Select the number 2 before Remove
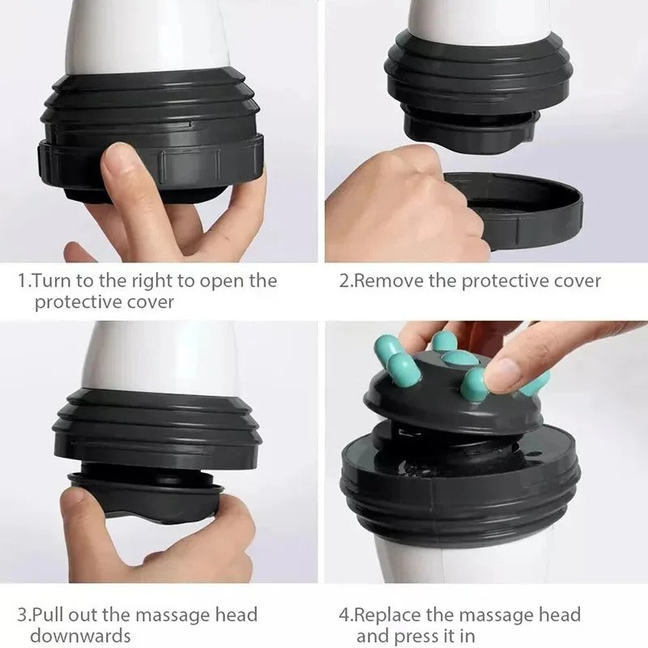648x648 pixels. point(343,281)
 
